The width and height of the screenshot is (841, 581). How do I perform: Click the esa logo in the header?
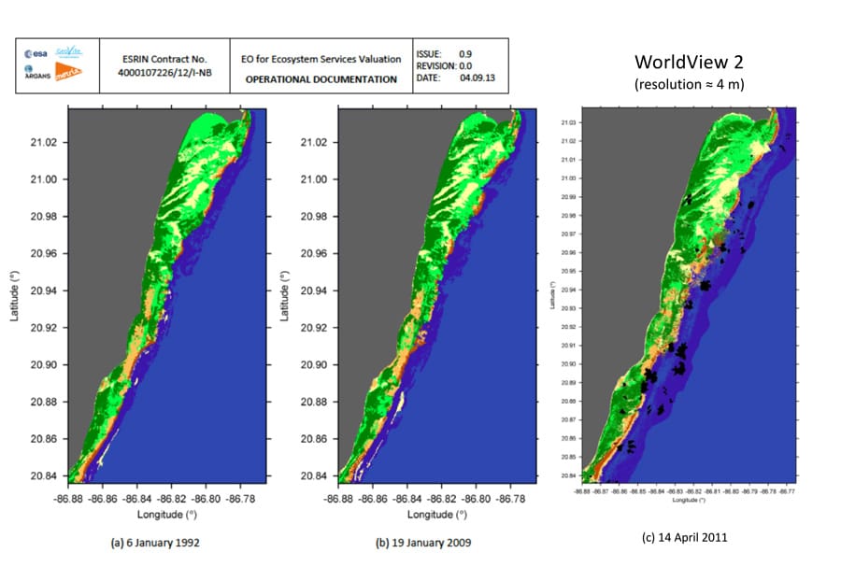click(35, 53)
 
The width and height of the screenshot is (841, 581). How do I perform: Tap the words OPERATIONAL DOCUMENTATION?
click(321, 79)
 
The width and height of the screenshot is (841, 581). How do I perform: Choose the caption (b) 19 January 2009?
click(422, 543)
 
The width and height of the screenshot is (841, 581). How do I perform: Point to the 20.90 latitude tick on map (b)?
click(315, 365)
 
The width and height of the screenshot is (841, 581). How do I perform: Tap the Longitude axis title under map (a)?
click(168, 515)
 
